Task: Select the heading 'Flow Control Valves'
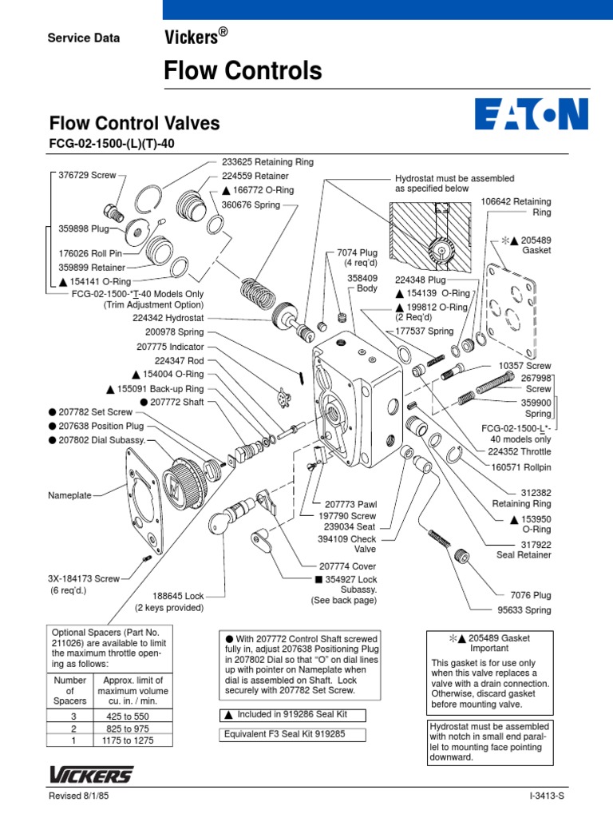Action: click(x=135, y=124)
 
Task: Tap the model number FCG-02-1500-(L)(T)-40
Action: click(x=112, y=144)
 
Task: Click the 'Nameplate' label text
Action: click(x=70, y=495)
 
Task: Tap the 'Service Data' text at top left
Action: click(x=84, y=38)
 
